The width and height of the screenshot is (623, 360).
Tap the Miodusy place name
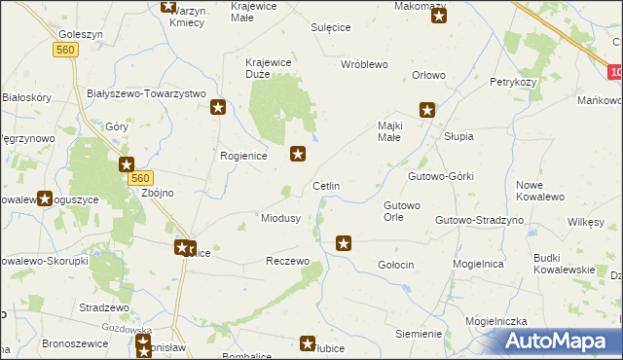pos(280,218)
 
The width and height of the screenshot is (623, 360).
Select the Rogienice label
pos(243,156)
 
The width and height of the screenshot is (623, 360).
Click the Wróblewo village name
pos(364,64)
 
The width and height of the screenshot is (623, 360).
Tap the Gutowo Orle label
pos(402,212)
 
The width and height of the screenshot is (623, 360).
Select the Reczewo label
pos(287,262)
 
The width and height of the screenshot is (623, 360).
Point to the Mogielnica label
pos(503,263)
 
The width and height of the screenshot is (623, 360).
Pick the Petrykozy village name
pos(514,82)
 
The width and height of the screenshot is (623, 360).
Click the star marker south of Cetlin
pos(343,243)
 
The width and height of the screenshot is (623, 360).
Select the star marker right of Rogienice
pos(299,153)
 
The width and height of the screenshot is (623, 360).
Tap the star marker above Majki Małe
pos(426,110)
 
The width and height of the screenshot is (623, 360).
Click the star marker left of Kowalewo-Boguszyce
pos(45,198)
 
